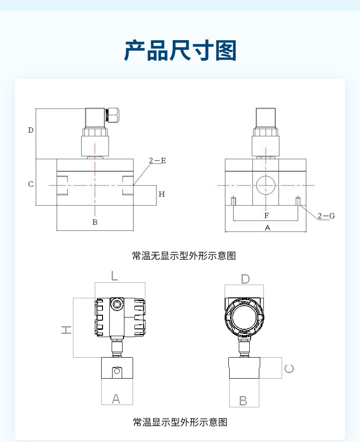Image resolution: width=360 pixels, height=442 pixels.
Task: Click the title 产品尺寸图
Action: pos(180,51)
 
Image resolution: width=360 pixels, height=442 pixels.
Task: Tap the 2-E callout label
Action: pos(158,161)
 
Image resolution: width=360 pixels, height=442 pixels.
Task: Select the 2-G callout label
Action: pos(326,216)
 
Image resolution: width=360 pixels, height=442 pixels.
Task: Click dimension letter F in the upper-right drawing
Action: pos(267,216)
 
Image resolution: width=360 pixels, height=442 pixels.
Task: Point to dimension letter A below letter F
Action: pos(267,228)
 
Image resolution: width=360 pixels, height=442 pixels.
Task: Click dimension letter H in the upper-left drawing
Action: pos(162,194)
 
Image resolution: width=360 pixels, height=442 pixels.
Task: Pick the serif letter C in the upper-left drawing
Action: pos(31,184)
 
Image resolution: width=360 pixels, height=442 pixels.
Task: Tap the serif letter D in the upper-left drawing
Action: pos(31,130)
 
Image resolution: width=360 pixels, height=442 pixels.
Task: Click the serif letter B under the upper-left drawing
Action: pos(95,222)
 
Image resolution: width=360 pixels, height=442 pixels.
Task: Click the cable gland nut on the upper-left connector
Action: pos(113,115)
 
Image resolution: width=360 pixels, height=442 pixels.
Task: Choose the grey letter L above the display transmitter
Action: pos(114,276)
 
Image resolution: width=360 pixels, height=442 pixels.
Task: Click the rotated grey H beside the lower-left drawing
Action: pos(67,329)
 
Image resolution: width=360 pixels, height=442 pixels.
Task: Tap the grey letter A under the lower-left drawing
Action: pos(116,399)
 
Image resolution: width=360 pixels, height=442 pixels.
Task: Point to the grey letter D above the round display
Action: pos(245,279)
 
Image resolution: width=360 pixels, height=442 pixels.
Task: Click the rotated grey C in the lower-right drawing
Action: pos(289,369)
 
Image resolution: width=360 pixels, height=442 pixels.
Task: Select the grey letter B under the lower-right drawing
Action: pos(243,401)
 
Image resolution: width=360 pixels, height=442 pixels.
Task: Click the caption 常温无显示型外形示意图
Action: pos(184,256)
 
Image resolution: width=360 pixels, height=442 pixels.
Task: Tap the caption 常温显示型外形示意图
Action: pos(180,422)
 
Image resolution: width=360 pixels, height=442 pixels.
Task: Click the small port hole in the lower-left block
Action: pos(117,371)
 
